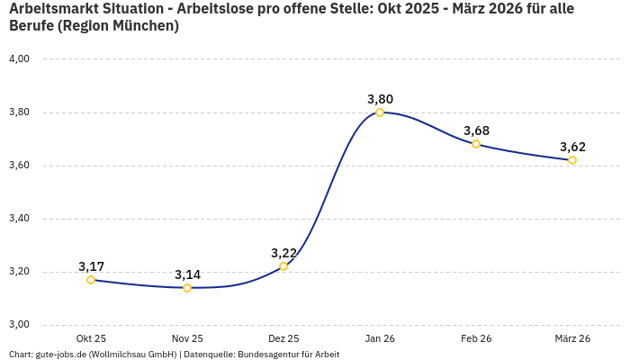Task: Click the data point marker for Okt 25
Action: tap(91, 280)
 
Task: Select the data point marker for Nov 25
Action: tap(187, 288)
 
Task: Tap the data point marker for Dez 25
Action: tap(283, 266)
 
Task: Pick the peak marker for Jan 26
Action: tap(380, 112)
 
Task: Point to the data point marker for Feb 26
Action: tap(476, 144)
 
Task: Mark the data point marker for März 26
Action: tap(572, 160)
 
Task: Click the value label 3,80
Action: tap(380, 99)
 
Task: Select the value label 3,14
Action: tap(187, 274)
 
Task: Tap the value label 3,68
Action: tap(476, 130)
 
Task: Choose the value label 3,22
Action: tap(283, 253)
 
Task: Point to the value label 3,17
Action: tap(91, 266)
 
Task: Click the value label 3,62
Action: tap(572, 147)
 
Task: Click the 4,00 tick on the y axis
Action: tap(19, 59)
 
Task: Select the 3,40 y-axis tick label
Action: tap(19, 219)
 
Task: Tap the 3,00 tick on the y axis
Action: tap(19, 325)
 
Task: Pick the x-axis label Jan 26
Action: tap(380, 338)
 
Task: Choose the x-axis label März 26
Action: tap(572, 338)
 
